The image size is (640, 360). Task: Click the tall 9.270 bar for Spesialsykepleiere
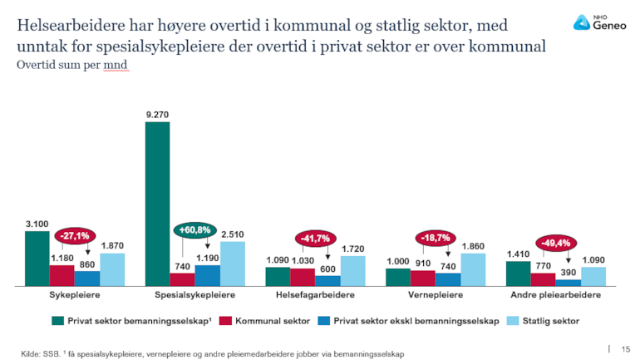(157, 204)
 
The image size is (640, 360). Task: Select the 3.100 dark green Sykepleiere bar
(37, 258)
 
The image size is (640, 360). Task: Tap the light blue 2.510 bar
(233, 264)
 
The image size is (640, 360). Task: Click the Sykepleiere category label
(75, 295)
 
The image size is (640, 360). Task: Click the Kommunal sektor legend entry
(266, 320)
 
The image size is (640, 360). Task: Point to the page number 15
(626, 349)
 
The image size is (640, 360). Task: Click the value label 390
(569, 273)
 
